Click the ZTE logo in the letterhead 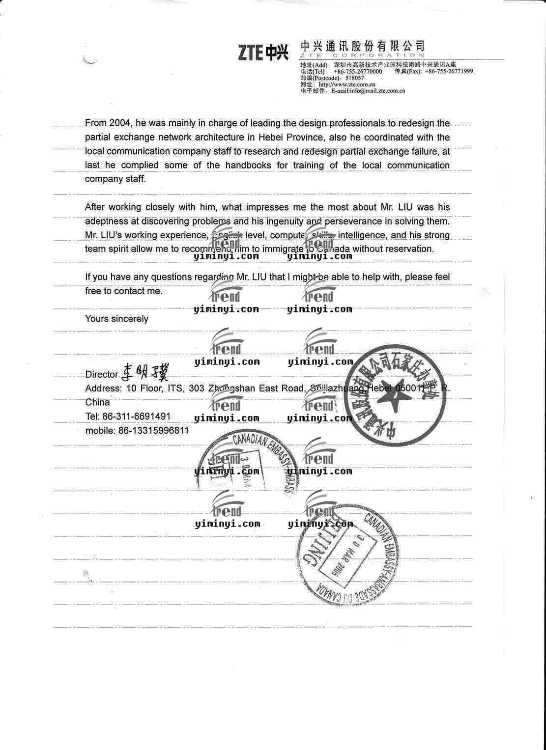click(x=263, y=53)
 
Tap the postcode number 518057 click(x=354, y=78)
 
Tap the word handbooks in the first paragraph click(x=248, y=165)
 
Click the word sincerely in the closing click(x=130, y=319)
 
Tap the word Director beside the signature click(x=102, y=375)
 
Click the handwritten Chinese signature click(x=145, y=373)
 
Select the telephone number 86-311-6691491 click(x=137, y=417)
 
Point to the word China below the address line click(x=97, y=402)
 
